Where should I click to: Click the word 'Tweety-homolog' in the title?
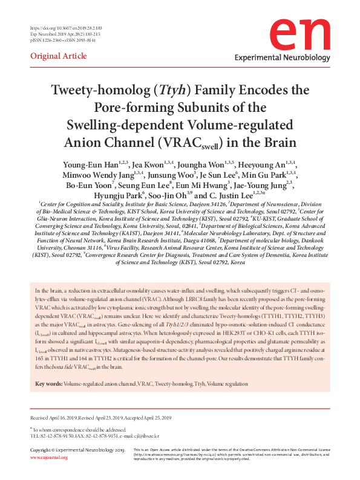(x=102, y=91)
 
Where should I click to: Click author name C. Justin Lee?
(x=237, y=196)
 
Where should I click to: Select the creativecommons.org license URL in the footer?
(x=167, y=454)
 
